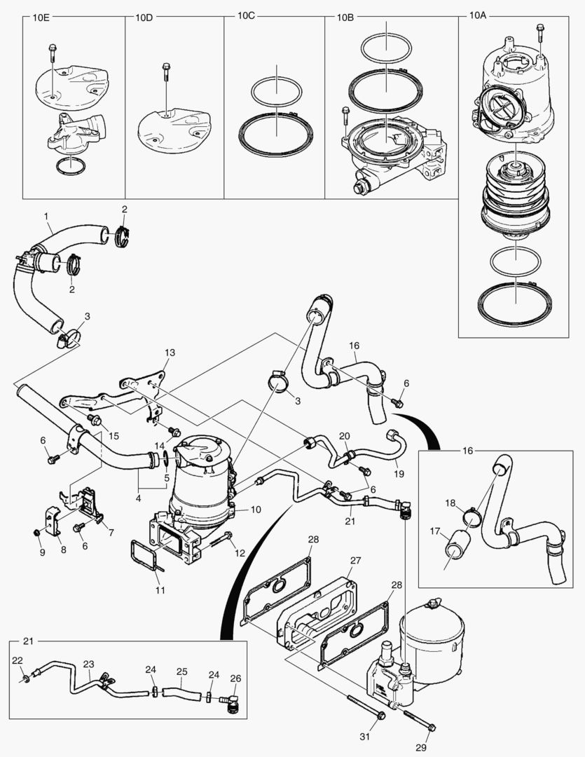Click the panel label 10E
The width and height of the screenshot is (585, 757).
point(43,18)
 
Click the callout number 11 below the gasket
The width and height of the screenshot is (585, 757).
point(160,591)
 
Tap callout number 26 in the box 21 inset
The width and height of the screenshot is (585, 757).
point(235,678)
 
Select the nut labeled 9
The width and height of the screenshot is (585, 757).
point(36,534)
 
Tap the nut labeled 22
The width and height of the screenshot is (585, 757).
point(25,678)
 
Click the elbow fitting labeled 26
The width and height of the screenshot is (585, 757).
point(231,701)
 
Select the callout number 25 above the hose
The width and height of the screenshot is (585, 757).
point(181,671)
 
